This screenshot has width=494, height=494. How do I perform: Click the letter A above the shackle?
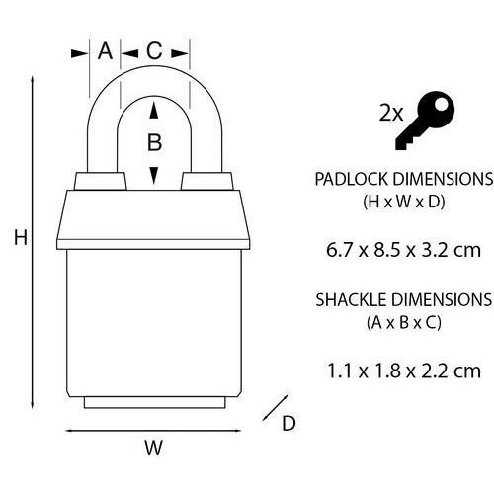105,51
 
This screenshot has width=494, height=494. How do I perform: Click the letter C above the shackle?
154,51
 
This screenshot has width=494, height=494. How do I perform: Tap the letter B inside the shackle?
154,142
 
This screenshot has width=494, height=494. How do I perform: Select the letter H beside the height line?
21,237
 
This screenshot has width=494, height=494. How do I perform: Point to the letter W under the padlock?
153,448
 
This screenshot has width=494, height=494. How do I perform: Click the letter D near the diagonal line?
288,423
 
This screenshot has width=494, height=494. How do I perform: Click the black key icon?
425,121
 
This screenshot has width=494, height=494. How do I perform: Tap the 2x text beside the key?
391,113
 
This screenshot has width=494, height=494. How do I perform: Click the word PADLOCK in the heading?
352,179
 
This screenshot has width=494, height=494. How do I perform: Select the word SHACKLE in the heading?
352,300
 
